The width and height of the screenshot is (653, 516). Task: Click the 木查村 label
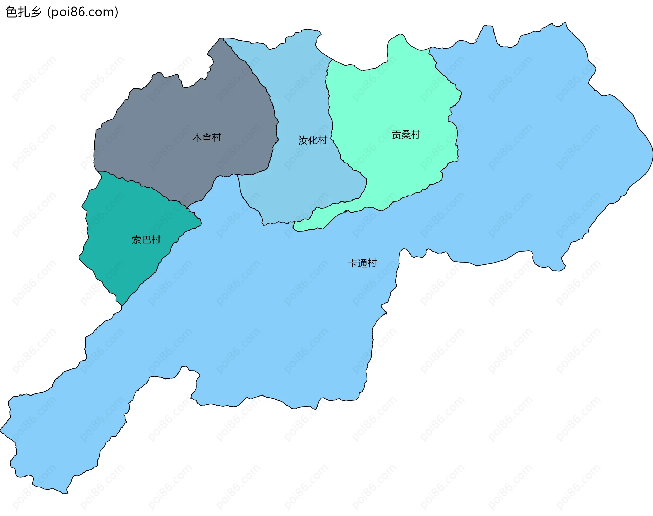pos(206,137)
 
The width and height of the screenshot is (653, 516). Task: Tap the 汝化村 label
pos(312,140)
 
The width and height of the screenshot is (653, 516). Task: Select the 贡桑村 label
pos(405,134)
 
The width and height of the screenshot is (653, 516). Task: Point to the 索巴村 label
pos(146,239)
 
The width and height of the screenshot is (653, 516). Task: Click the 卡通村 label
pos(362,263)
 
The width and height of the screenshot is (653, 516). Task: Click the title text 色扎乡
pos(23,12)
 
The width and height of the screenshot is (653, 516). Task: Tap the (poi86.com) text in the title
pos(83,12)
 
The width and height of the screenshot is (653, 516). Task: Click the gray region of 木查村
pos(177,112)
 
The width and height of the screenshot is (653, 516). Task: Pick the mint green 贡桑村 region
pos(391,102)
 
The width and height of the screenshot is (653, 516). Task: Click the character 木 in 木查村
pos(197,137)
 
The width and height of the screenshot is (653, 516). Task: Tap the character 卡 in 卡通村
pos(353,263)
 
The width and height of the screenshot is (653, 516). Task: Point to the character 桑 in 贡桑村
pos(405,134)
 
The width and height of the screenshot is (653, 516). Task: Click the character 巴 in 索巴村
pos(146,239)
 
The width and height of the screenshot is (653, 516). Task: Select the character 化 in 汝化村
pos(312,140)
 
